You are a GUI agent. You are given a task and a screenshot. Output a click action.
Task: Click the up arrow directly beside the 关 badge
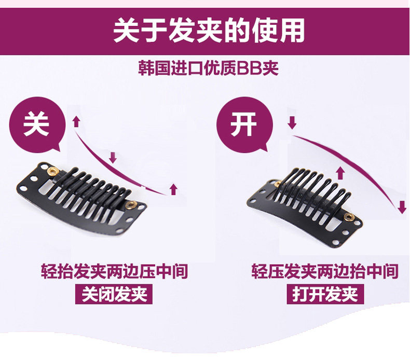click(76, 121)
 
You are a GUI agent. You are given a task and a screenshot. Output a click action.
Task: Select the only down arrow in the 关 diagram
click(113, 157)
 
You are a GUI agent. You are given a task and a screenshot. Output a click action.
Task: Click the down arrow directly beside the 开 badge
click(292, 123)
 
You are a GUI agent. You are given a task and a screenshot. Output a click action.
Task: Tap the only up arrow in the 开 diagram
click(340, 172)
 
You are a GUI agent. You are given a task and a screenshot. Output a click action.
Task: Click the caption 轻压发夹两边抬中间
click(325, 271)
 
